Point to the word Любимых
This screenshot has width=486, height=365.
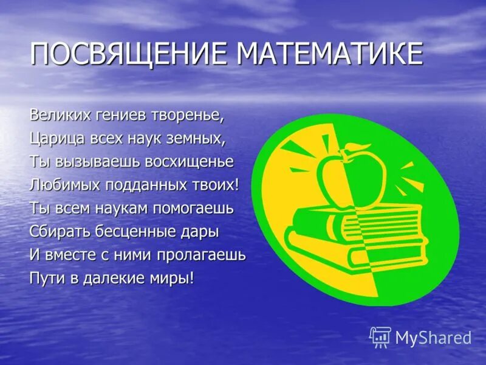[x=64, y=184]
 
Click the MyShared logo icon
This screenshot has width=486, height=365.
[x=380, y=336]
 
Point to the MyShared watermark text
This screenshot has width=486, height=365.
[x=433, y=338]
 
